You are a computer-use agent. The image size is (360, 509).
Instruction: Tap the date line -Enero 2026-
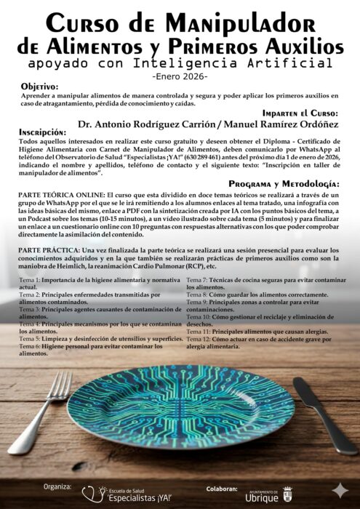(180, 76)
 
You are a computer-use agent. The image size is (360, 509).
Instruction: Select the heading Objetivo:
(42, 86)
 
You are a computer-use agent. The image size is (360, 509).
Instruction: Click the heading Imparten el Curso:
(300, 113)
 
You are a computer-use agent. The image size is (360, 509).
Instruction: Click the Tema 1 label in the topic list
(29, 279)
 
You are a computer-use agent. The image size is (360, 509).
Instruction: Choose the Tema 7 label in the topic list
(197, 279)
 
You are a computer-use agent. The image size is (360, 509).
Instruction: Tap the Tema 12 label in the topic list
(199, 340)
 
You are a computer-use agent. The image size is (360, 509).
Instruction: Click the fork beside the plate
(44, 415)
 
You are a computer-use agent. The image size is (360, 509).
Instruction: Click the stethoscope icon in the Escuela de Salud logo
(92, 494)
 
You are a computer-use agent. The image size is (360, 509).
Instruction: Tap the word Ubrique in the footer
(262, 498)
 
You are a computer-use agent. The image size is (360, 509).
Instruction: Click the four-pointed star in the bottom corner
(339, 490)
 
